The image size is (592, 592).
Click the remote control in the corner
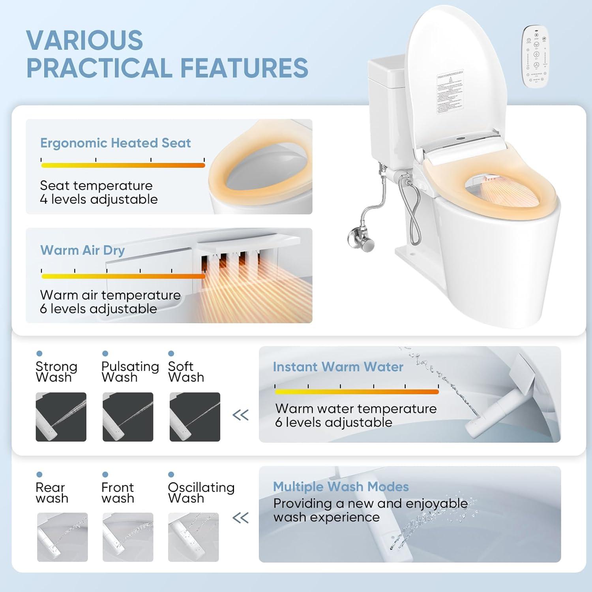tap(536, 56)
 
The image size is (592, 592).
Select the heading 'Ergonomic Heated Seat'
tap(115, 143)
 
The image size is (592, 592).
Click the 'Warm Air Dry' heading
tap(82, 250)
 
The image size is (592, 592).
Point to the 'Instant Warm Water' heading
tap(338, 367)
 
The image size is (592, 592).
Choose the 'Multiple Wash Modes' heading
tap(341, 487)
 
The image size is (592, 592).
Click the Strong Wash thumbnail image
tap(61, 417)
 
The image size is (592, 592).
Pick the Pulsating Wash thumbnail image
tap(127, 417)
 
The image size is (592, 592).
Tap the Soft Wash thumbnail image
tap(195, 417)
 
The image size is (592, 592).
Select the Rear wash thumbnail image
tap(62, 537)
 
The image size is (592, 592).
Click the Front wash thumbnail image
tap(127, 537)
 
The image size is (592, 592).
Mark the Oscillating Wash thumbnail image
tap(193, 537)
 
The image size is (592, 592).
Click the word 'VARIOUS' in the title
tap(84, 40)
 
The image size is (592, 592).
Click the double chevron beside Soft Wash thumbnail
tap(240, 415)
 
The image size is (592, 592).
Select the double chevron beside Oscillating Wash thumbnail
tap(240, 517)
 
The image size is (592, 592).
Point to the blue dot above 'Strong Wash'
tap(39, 353)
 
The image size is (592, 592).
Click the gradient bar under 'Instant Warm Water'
tap(356, 392)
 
